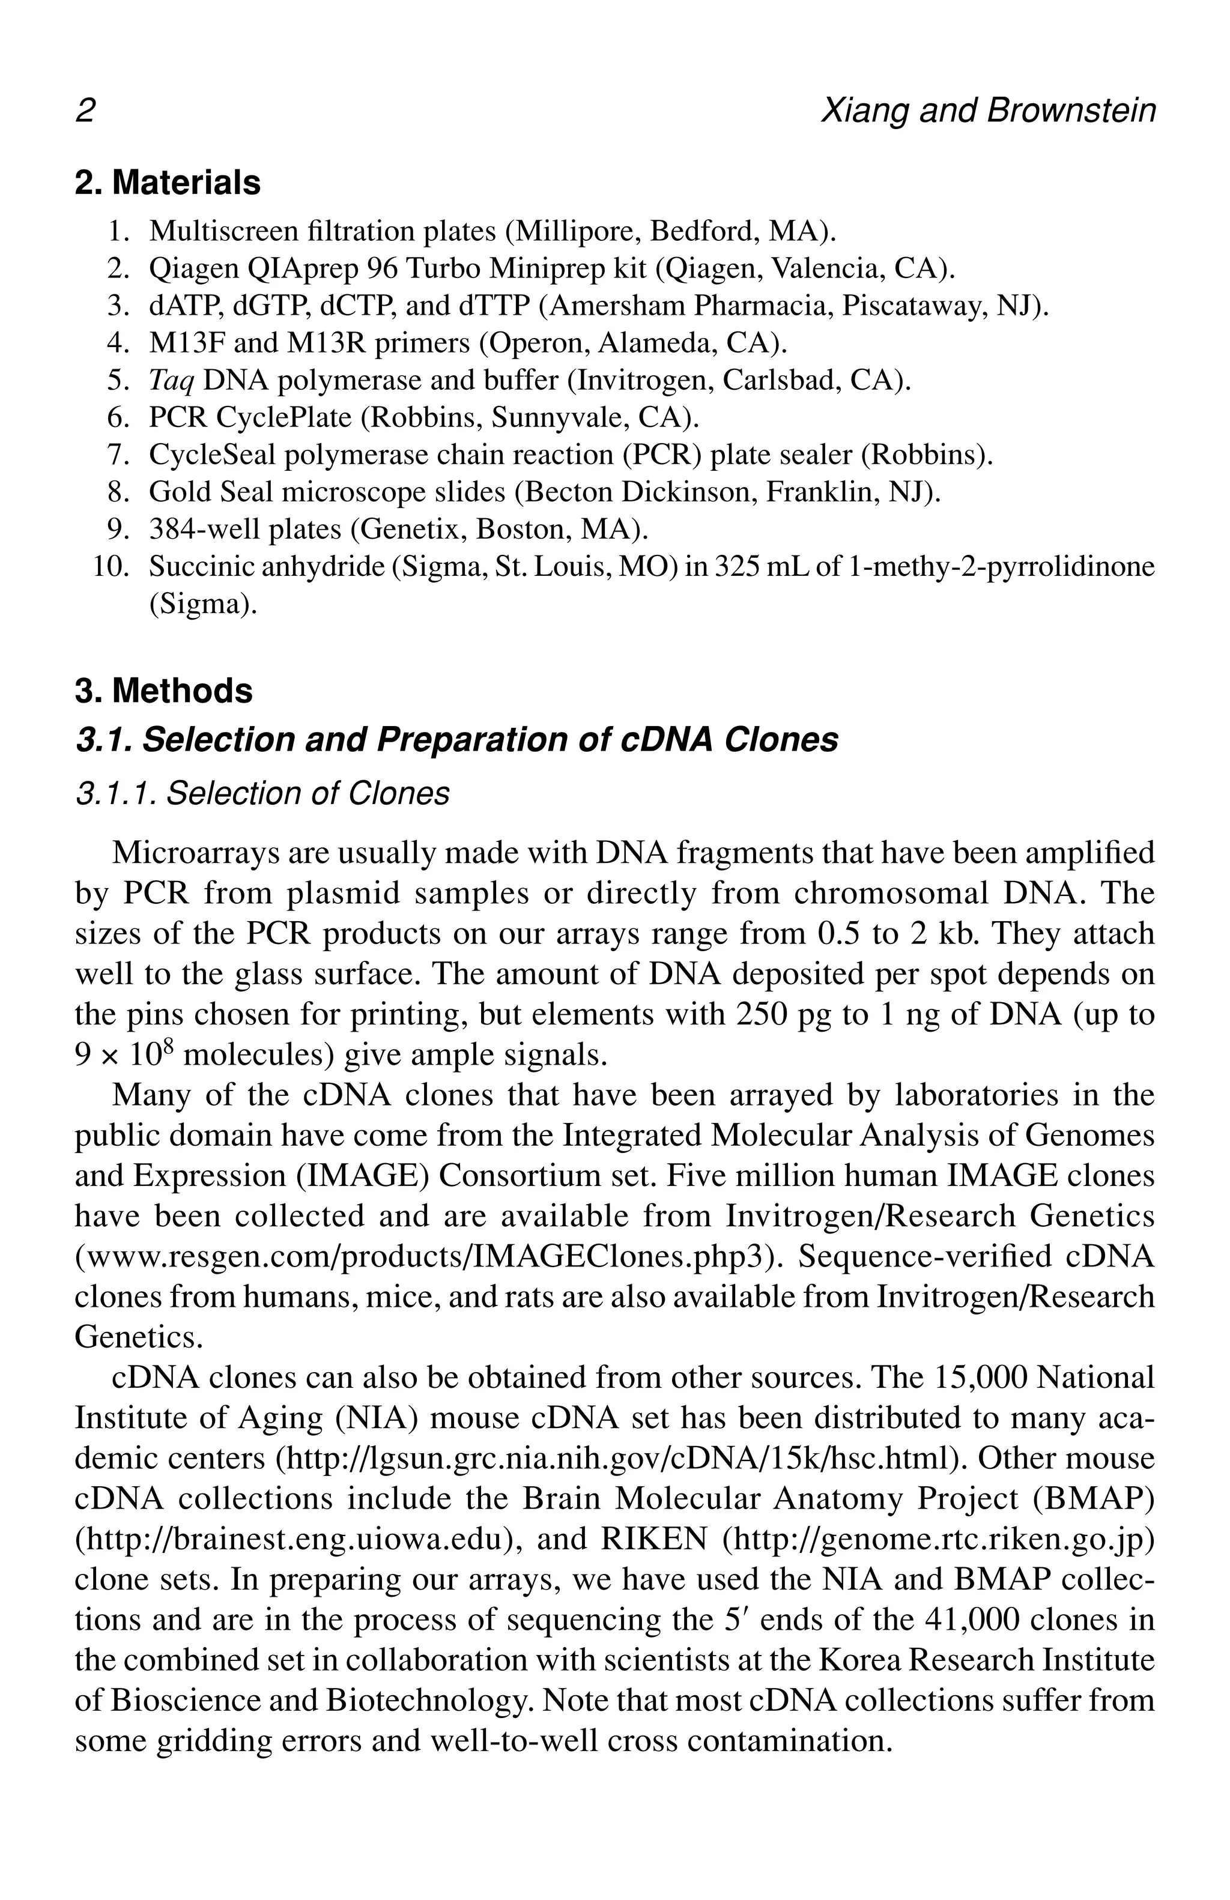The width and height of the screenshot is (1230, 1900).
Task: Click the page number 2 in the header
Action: click(85, 111)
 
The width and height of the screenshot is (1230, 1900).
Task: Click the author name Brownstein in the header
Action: click(1070, 111)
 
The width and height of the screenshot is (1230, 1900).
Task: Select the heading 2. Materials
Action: click(168, 183)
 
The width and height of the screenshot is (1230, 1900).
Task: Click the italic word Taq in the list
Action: click(171, 381)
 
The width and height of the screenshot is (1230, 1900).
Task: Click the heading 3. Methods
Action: click(163, 691)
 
